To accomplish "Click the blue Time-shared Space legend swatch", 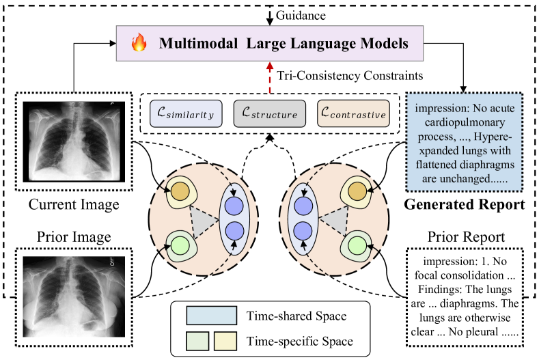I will point(210,314).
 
